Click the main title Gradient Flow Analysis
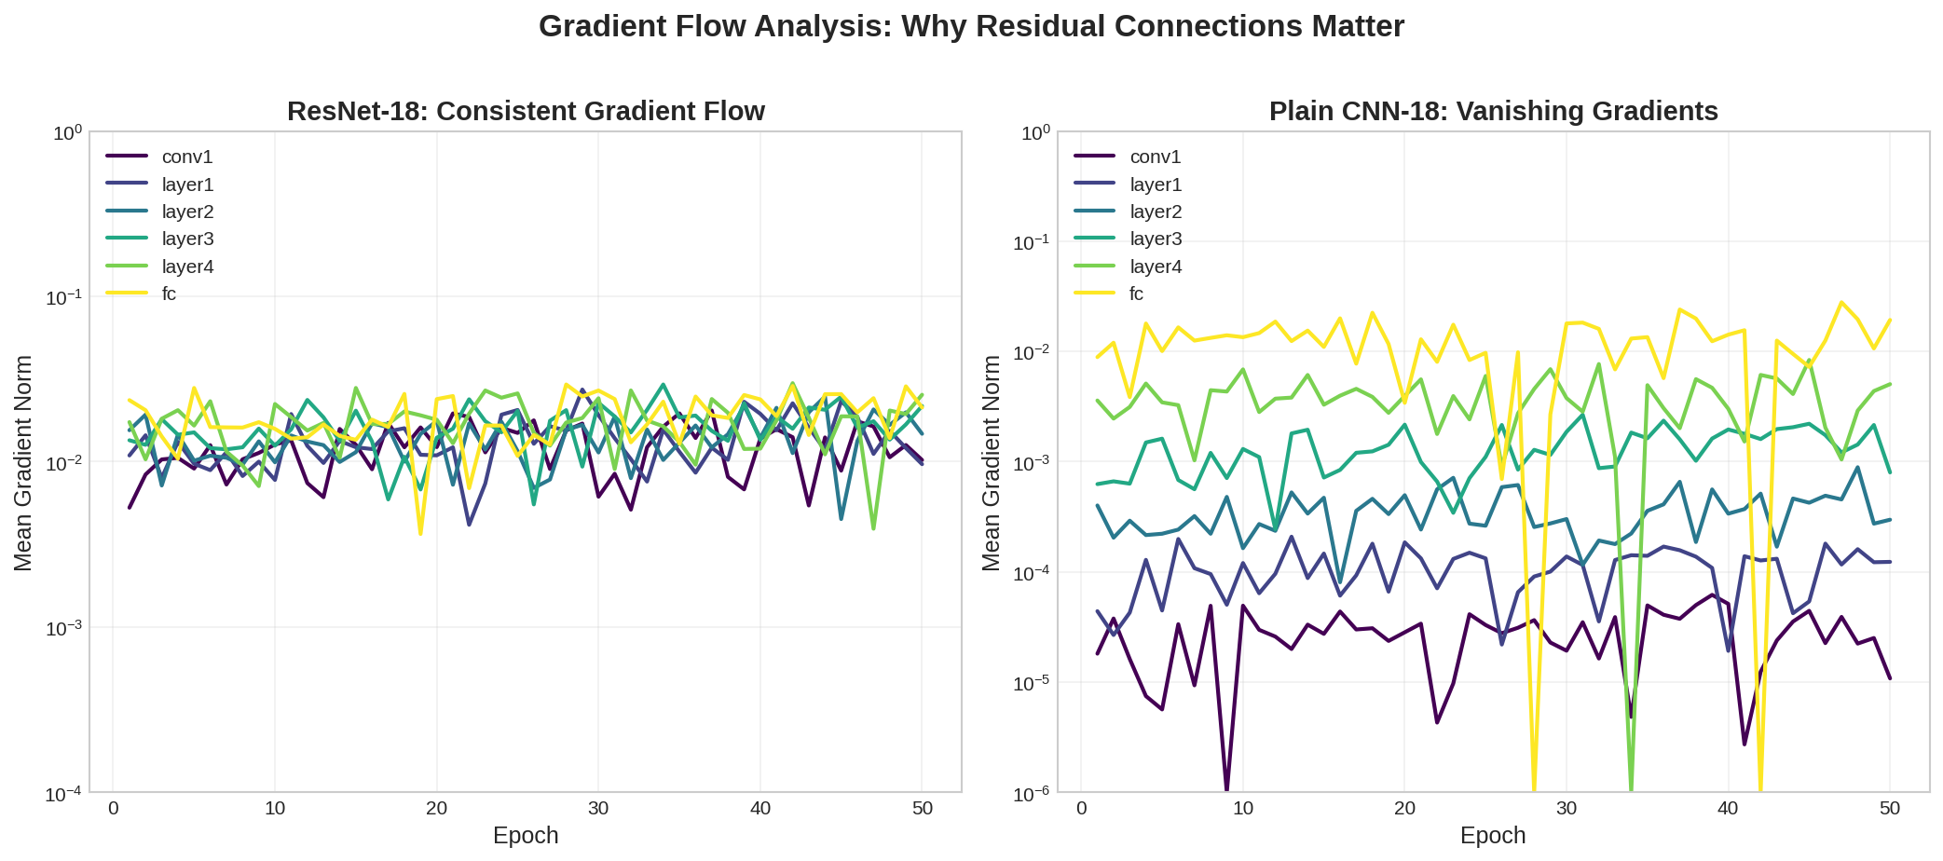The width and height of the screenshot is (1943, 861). coord(971,26)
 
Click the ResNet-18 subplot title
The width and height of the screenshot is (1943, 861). coord(526,111)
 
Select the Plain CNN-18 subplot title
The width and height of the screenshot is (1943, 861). coord(1493,111)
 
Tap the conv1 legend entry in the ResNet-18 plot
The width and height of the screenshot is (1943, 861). coord(186,157)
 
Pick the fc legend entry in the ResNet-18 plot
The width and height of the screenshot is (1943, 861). coord(169,294)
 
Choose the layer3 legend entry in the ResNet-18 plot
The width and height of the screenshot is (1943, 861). coord(187,239)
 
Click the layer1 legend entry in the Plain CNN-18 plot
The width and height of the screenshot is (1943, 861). coord(1156,184)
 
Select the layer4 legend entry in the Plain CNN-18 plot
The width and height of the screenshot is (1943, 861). coord(1156,266)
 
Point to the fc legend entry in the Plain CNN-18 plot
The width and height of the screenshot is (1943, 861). coord(1136,294)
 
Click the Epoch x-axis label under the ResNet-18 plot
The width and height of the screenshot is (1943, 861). coord(526,835)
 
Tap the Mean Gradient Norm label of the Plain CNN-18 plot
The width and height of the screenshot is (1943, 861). coord(992,462)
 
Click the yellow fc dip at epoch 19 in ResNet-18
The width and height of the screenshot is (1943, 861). coord(420,533)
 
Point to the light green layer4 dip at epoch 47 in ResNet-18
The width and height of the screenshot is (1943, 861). coord(873,528)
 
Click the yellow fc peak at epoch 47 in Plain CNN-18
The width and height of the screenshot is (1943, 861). coord(1841,303)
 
